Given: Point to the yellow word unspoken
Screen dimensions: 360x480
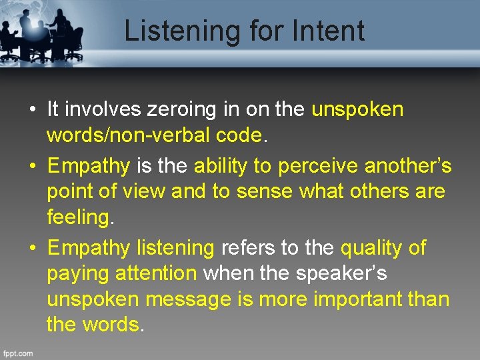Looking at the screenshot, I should [x=357, y=109].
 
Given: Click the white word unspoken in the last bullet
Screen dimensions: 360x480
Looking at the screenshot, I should [x=93, y=300].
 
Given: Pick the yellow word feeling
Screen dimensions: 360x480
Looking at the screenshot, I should [x=78, y=217].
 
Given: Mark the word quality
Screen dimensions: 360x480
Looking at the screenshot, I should [x=371, y=248].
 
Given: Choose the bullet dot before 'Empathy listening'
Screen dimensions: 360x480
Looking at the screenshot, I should [x=33, y=249].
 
